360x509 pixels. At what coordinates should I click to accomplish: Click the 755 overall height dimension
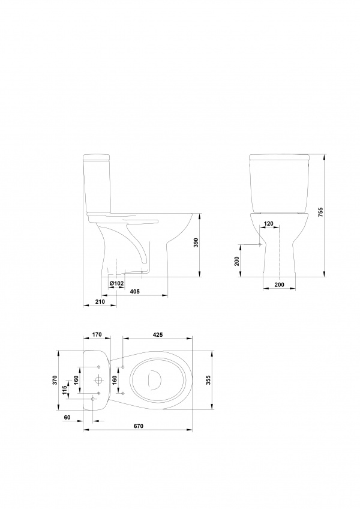321,214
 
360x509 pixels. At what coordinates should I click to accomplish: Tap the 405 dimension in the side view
135,291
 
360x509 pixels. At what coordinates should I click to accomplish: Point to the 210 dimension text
100,302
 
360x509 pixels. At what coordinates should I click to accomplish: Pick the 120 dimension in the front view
269,223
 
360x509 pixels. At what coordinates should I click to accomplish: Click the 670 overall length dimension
139,426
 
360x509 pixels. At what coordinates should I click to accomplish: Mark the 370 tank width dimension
55,380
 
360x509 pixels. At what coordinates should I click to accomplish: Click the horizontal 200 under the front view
279,284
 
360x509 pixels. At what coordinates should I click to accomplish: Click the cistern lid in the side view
96,158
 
